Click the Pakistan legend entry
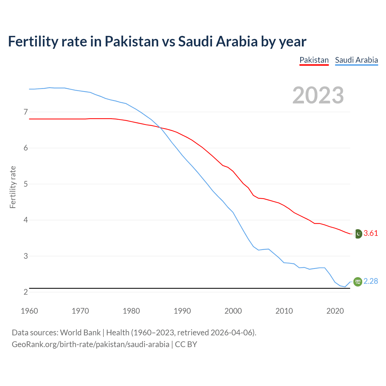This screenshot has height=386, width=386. [314, 60]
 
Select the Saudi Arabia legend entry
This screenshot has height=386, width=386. [356, 60]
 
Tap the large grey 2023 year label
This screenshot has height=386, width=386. [318, 95]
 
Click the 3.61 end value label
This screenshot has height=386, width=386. [371, 233]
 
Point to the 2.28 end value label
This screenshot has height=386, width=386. [371, 281]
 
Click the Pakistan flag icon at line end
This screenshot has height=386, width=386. [358, 234]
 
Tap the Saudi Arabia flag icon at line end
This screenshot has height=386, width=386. [358, 281]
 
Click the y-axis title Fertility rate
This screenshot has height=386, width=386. [13, 187]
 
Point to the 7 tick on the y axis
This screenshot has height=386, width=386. [26, 112]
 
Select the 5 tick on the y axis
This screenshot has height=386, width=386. [26, 184]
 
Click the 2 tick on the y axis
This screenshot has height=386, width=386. [26, 292]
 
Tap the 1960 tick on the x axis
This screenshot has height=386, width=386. [29, 311]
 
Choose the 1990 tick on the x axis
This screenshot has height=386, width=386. [182, 311]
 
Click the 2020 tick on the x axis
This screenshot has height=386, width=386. [335, 311]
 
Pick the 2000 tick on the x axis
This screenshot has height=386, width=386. [233, 311]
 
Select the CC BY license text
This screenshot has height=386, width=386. [186, 344]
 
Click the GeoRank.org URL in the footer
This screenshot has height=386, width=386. [90, 344]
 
